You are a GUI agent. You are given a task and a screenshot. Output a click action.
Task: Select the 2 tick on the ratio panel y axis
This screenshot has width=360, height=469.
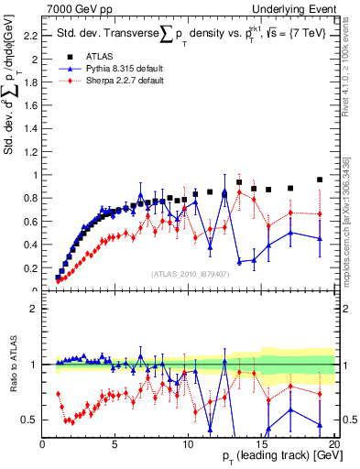tap(33, 309)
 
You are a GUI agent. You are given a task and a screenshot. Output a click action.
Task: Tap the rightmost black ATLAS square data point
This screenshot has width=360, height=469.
tap(320, 180)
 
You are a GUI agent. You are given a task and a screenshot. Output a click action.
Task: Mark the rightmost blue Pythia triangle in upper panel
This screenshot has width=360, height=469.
tap(320, 238)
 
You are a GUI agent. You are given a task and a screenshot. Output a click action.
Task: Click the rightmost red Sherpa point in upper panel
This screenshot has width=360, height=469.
tap(320, 214)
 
